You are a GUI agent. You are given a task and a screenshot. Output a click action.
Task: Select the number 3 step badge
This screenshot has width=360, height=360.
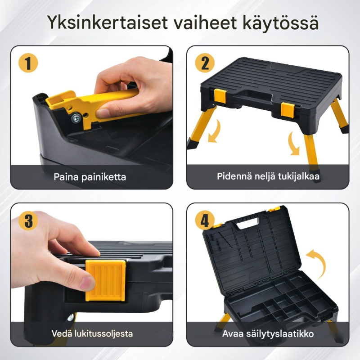pos(28,220)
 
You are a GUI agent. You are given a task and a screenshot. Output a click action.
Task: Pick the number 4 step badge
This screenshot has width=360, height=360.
pos(204,220)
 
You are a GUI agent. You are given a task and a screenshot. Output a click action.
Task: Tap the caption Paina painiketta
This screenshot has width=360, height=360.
pos(90,177)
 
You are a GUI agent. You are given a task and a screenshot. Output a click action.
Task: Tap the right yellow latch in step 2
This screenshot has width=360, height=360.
pos(288,109)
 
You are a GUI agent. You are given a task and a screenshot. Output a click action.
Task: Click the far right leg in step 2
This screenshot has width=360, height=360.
pos(340,115)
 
